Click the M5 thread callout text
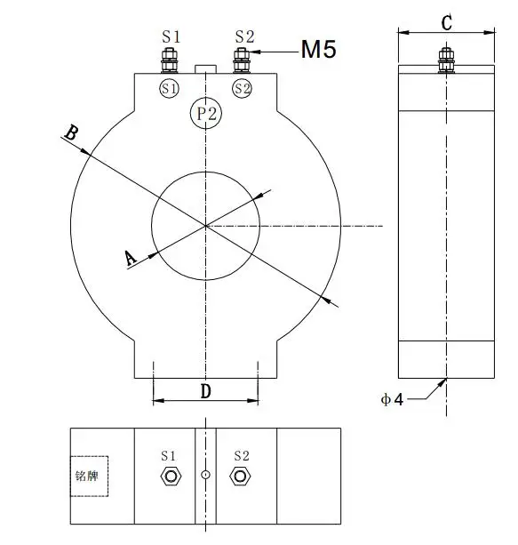pyautogui.click(x=318, y=50)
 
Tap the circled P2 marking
pyautogui.click(x=206, y=113)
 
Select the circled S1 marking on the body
pyautogui.click(x=170, y=88)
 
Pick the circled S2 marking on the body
pyautogui.click(x=242, y=88)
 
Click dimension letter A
pyautogui.click(x=130, y=258)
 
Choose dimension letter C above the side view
pyautogui.click(x=446, y=22)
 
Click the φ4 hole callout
pyautogui.click(x=392, y=399)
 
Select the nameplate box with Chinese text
pyautogui.click(x=89, y=476)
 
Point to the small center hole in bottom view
pyautogui.click(x=205, y=476)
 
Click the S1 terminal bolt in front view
pyautogui.click(x=169, y=62)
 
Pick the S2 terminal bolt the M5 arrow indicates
pyautogui.click(x=240, y=62)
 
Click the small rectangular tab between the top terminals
pyautogui.click(x=205, y=68)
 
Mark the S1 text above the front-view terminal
pyautogui.click(x=171, y=36)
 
